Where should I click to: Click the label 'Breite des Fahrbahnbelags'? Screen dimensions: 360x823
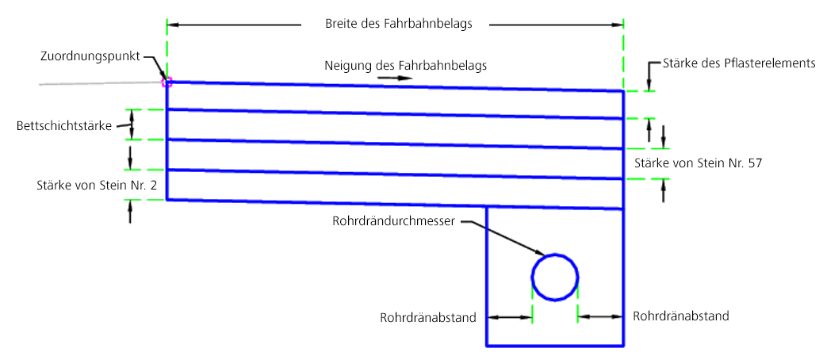[399, 24]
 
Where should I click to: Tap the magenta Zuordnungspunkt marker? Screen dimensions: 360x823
[167, 81]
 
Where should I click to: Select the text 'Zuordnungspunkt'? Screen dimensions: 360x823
[90, 56]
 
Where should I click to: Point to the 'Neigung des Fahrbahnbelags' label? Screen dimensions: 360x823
[405, 64]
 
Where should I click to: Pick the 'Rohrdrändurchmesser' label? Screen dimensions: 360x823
[394, 221]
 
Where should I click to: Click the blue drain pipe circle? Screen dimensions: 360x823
[554, 278]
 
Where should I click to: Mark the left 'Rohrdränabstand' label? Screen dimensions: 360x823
[428, 318]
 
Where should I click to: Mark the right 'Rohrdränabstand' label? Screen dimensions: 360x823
[681, 316]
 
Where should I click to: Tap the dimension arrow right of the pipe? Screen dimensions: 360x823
[600, 316]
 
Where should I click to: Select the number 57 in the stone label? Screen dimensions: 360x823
[754, 163]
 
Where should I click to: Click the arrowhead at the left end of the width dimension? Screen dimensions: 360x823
[173, 25]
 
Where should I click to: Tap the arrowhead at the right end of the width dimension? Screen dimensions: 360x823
[618, 25]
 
